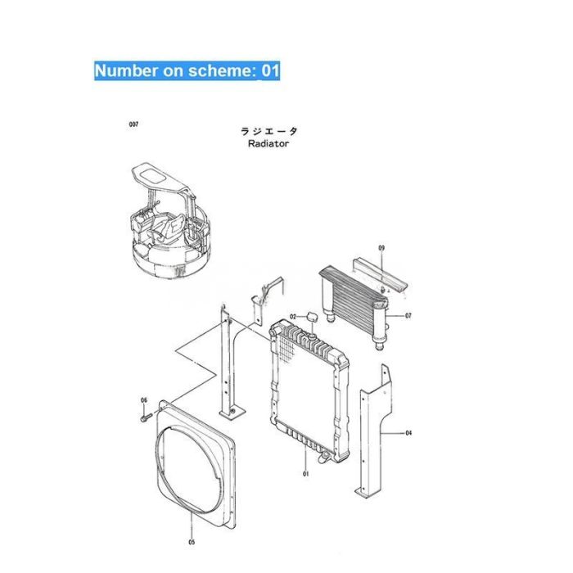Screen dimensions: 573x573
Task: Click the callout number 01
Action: (x=305, y=474)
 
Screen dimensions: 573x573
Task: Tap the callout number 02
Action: (x=292, y=316)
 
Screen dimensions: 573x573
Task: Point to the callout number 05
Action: (x=191, y=541)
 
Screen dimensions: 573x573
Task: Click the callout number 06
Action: (x=143, y=400)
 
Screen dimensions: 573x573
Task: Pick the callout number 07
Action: (x=408, y=315)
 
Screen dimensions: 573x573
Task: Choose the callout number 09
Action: (x=381, y=247)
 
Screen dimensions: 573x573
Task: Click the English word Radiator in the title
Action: (x=268, y=143)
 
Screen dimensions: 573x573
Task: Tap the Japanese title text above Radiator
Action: (x=268, y=131)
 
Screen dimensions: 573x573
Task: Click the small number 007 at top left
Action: (x=133, y=124)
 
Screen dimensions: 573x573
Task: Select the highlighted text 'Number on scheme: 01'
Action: (x=187, y=70)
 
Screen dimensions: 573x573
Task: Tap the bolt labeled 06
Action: (x=144, y=417)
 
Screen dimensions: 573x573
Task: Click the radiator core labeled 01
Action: (x=307, y=385)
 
